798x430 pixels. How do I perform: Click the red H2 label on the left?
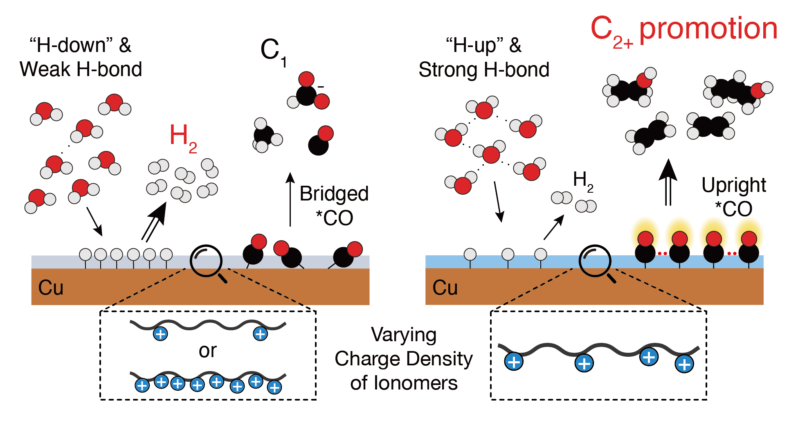[182, 138]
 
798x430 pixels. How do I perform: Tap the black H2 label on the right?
[582, 181]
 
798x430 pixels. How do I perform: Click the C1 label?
[273, 52]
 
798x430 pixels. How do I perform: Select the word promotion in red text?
[708, 29]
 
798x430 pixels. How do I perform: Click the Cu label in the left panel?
[51, 288]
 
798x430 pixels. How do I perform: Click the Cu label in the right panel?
[445, 288]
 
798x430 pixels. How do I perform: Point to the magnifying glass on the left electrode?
[207, 262]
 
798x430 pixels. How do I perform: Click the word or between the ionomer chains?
[208, 351]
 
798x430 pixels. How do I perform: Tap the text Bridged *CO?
[334, 206]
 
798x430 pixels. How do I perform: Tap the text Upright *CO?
[734, 197]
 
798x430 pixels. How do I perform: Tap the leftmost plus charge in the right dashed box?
[514, 362]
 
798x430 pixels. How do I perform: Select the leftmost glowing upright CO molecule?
[645, 246]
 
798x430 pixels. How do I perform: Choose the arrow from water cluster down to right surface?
[498, 202]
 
